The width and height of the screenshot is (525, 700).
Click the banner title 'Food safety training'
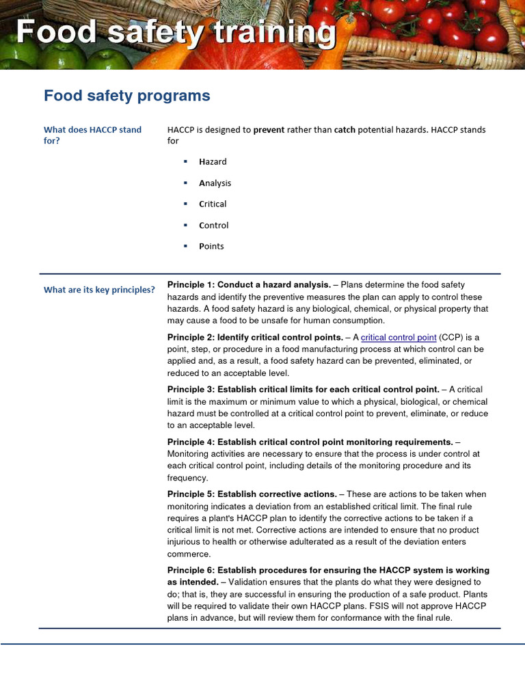point(176,33)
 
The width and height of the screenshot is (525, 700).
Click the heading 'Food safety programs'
point(127,96)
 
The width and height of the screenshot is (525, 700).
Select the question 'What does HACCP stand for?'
point(92,135)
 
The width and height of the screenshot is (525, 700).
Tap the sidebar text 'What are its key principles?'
point(99,290)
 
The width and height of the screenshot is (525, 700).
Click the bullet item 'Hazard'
point(213,162)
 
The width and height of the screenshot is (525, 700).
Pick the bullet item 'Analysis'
point(215,183)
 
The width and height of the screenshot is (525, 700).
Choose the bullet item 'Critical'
point(213,204)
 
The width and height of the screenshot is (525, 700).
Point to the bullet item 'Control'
point(213,226)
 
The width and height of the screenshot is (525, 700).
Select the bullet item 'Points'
point(211,247)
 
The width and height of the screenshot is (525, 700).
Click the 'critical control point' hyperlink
point(399,338)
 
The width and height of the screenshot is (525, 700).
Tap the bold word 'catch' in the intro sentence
point(345,130)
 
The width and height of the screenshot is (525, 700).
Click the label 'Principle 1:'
point(191,285)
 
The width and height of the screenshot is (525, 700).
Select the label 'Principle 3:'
point(191,390)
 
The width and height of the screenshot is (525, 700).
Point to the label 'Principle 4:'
point(191,442)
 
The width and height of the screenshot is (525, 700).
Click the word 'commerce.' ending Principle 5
point(189,554)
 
